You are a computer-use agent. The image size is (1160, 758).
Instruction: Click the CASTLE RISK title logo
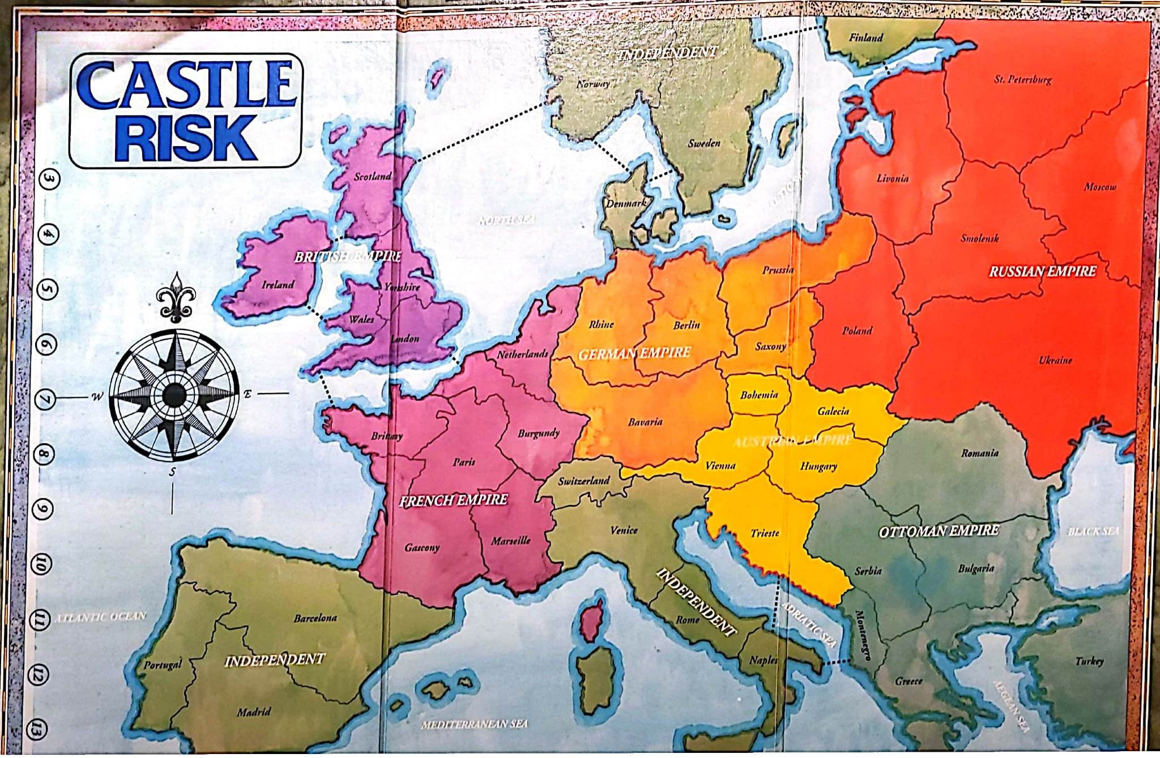(x=186, y=110)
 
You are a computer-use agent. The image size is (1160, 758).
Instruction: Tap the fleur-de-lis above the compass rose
(x=176, y=297)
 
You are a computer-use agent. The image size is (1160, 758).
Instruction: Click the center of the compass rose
(x=174, y=395)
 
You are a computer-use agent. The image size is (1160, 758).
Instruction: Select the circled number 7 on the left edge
(x=45, y=400)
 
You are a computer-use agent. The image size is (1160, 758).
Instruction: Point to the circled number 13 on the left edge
(x=37, y=730)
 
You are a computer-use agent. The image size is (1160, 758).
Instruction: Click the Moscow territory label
(x=1100, y=187)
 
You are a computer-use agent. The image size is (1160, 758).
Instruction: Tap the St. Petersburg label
(x=1023, y=79)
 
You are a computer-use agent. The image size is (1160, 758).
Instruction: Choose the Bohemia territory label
(x=759, y=395)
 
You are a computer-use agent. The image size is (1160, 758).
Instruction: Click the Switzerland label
(x=584, y=481)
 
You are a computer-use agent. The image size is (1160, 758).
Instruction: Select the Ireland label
(x=278, y=284)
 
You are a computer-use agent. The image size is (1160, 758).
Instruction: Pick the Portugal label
(x=163, y=664)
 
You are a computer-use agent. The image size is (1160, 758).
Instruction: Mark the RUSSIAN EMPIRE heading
(x=1042, y=271)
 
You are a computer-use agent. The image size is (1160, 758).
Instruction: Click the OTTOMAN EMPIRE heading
(x=939, y=531)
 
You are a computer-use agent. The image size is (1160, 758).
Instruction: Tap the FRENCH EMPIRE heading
(x=453, y=500)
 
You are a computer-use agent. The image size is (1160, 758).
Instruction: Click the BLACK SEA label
(x=1093, y=531)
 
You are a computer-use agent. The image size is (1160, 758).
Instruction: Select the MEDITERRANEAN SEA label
(x=475, y=724)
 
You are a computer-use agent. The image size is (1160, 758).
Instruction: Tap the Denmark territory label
(x=626, y=203)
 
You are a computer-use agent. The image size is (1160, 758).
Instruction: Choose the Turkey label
(x=1089, y=661)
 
